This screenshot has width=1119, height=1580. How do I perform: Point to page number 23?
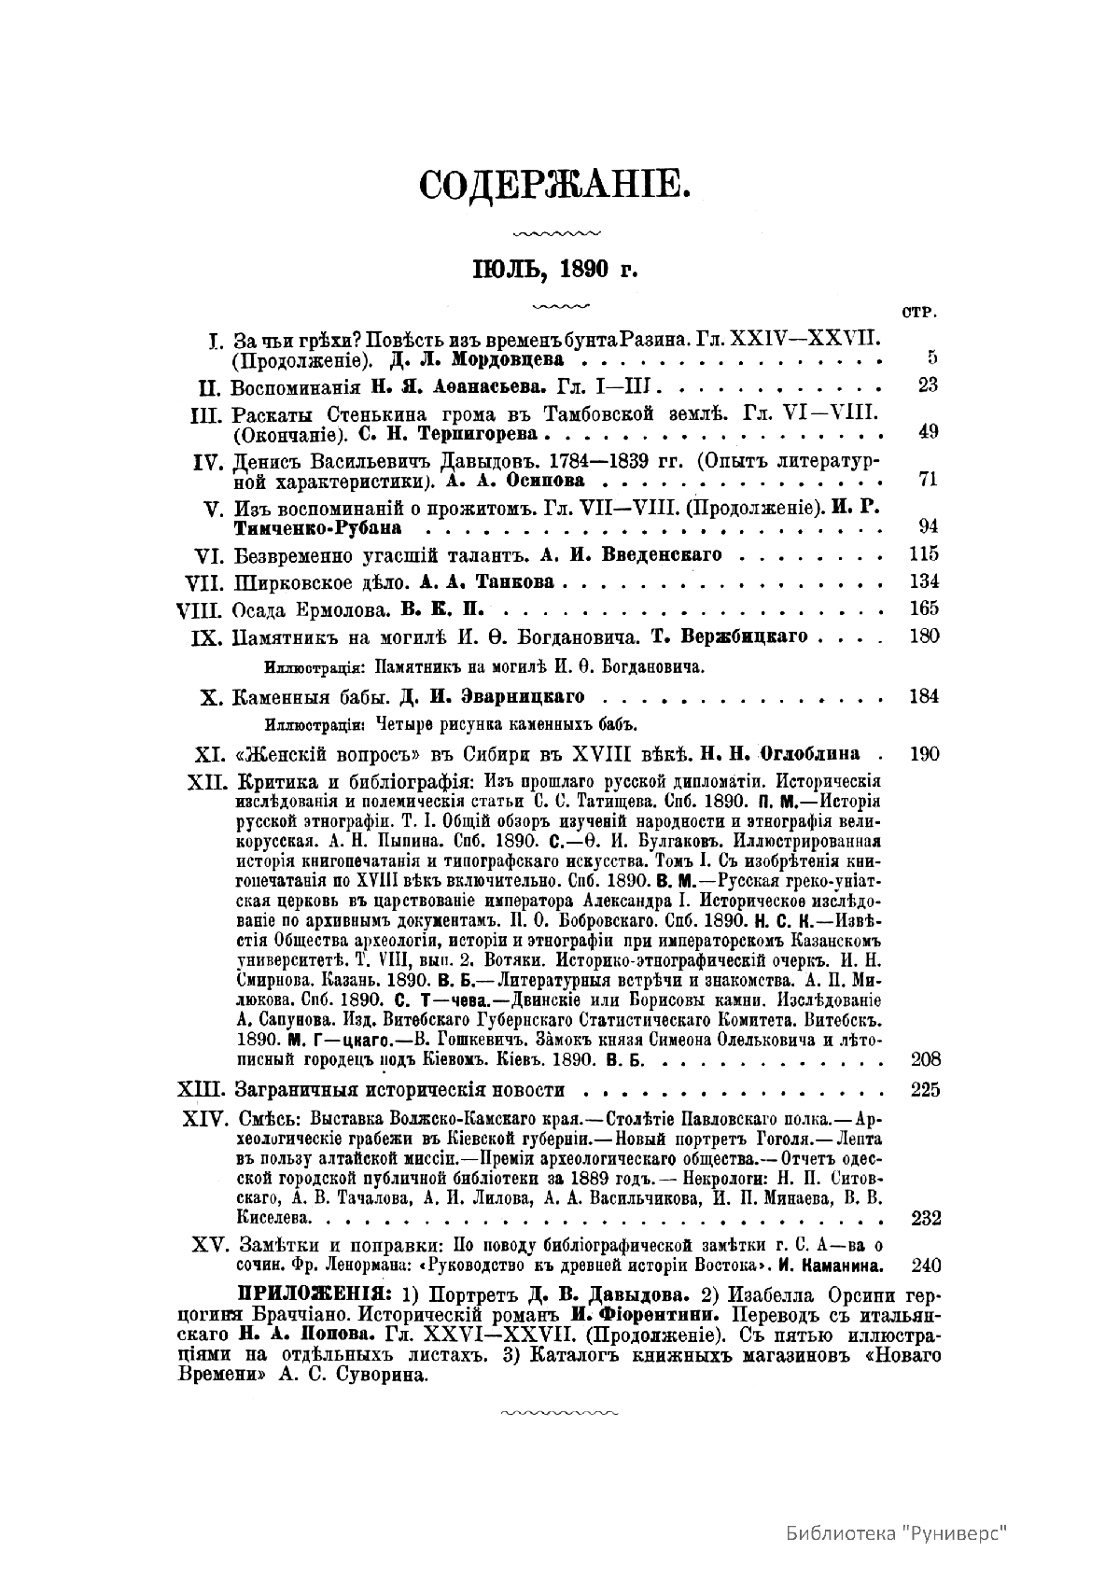pos(927,385)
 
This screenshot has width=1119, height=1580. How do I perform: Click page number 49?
pos(927,431)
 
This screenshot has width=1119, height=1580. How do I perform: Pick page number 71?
pos(927,479)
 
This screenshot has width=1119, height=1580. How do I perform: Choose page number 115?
pos(923,553)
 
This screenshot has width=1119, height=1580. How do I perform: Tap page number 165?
pos(923,608)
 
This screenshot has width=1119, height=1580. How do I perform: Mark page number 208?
pos(923,1058)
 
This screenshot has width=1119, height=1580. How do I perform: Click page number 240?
pos(923,1265)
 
